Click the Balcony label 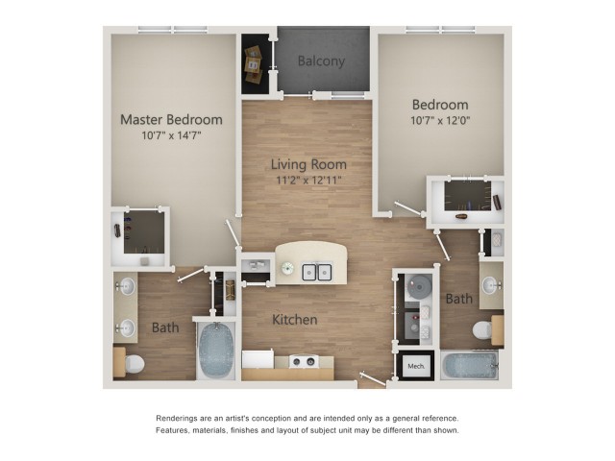tap(321, 61)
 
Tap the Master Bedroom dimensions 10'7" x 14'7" tap(171, 135)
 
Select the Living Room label tap(308, 164)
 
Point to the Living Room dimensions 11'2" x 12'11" tap(308, 181)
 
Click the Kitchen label tap(295, 320)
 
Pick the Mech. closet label tap(416, 366)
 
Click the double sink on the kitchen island tap(317, 272)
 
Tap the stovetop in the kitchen tap(304, 361)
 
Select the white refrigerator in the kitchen tap(258, 359)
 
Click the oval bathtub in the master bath tap(216, 350)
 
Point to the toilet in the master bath tap(134, 364)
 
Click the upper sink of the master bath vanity tap(127, 286)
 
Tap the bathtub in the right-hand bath tap(470, 365)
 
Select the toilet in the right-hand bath tap(483, 330)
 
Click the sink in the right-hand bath tap(490, 285)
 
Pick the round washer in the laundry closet tap(419, 286)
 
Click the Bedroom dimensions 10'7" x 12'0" tap(440, 120)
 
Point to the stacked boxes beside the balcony tap(254, 64)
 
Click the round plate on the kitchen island tap(287, 268)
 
